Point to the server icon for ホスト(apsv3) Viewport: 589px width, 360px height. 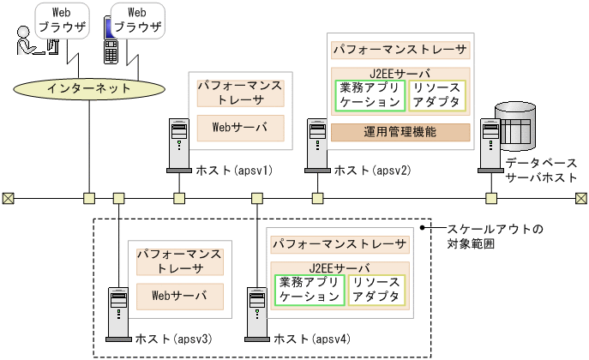(x=117, y=310)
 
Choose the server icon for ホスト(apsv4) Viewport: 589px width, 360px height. (x=255, y=310)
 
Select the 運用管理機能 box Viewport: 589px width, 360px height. (x=400, y=132)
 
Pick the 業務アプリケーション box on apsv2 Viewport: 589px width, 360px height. (x=369, y=95)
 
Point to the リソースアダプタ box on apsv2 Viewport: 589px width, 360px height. (x=437, y=95)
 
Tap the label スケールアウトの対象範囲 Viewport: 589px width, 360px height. (x=484, y=237)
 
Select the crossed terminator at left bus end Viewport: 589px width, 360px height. (x=8, y=199)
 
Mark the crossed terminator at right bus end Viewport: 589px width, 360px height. (x=580, y=199)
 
